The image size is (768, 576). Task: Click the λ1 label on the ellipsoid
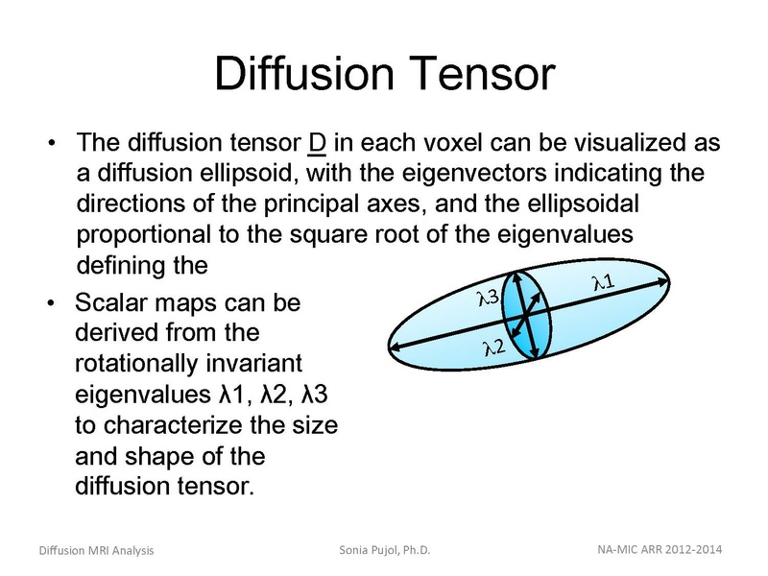click(x=605, y=281)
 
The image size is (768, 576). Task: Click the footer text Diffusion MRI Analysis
click(x=96, y=550)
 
